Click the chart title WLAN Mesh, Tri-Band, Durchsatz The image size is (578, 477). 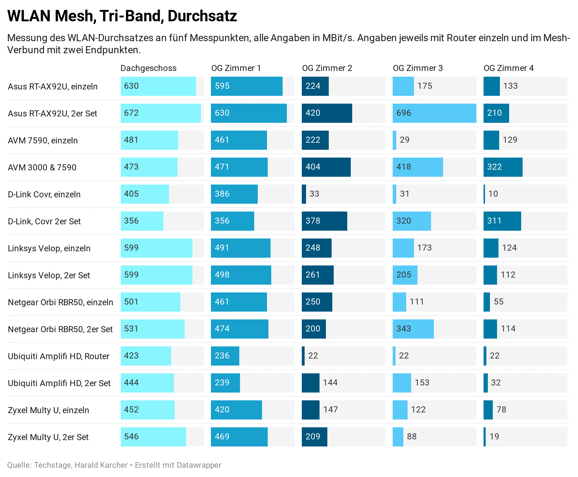click(122, 16)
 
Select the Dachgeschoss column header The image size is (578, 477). click(148, 68)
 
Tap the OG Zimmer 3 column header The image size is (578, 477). click(418, 68)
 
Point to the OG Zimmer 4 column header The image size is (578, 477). click(508, 68)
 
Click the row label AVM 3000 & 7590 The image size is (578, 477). click(42, 168)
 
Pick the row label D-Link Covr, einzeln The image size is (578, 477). click(44, 194)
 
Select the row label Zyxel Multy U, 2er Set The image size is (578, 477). click(48, 437)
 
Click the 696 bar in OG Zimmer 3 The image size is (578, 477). click(434, 113)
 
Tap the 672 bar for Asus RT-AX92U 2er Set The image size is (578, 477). click(160, 113)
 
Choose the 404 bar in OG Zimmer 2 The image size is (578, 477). click(326, 167)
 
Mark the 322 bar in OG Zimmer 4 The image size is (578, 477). click(503, 167)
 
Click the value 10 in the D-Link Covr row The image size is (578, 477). click(493, 194)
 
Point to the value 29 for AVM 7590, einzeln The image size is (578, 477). click(404, 140)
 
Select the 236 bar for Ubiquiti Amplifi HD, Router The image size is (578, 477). click(225, 356)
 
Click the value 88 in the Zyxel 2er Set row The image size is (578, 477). click(411, 437)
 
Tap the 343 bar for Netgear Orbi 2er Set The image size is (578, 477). click(413, 329)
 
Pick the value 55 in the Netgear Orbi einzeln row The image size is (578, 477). click(498, 302)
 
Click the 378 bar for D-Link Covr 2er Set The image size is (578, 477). click(324, 221)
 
